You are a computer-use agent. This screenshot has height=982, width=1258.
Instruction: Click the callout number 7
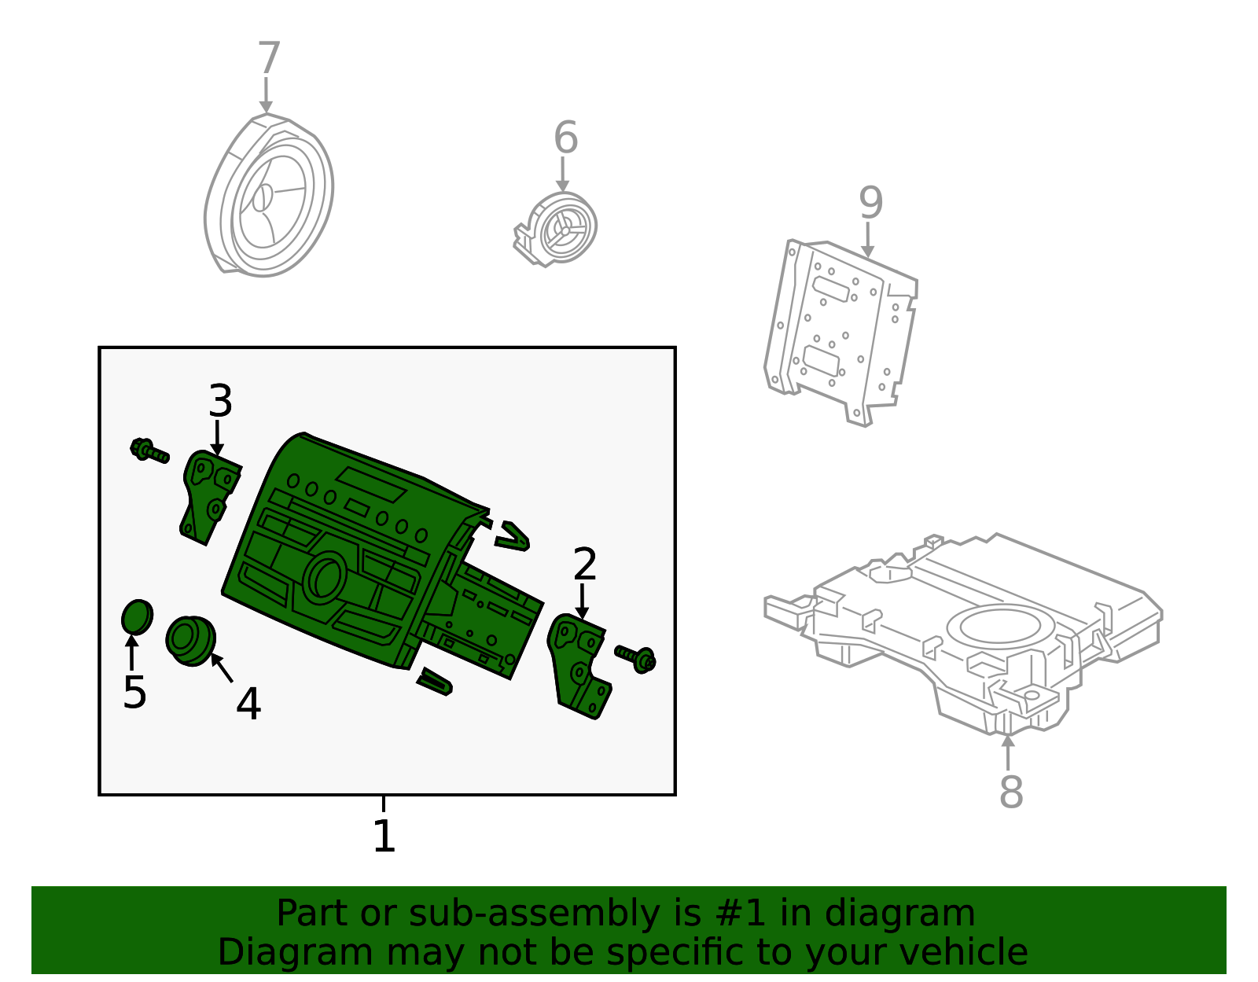[269, 58]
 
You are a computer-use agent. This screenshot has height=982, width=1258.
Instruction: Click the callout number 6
[565, 138]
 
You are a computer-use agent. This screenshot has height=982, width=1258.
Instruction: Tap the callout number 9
[870, 203]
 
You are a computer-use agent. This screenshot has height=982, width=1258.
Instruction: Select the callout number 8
[1011, 792]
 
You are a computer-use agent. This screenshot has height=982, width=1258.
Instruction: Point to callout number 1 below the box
[384, 836]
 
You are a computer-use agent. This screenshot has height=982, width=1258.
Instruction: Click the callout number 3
[220, 401]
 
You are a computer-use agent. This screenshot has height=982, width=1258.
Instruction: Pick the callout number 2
[585, 564]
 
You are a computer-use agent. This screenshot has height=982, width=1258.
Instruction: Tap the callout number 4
[248, 704]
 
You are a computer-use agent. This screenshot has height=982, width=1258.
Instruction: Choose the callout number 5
[134, 693]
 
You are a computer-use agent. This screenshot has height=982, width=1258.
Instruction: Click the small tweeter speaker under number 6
[560, 228]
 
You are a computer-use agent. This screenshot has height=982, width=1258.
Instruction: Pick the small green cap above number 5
[137, 617]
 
